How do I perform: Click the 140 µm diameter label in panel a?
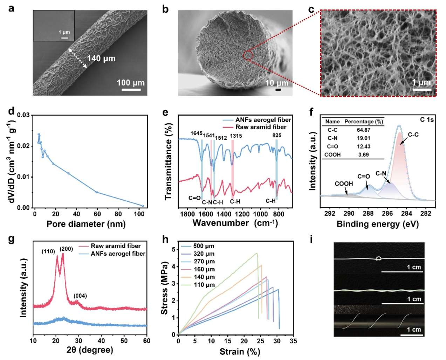point(101,58)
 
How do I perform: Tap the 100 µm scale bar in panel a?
point(131,90)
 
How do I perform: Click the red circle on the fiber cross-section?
point(248,55)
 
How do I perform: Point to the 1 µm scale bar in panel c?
point(422,90)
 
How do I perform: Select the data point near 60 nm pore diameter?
point(97,192)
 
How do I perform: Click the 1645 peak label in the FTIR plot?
point(196,133)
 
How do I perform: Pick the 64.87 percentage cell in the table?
point(364,130)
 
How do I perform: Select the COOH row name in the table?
point(332,154)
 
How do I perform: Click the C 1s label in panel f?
point(427,120)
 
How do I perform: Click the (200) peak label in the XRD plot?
point(66,249)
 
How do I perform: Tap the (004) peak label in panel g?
point(80,296)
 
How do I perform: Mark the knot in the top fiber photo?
point(379,259)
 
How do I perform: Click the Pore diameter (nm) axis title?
point(86,224)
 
